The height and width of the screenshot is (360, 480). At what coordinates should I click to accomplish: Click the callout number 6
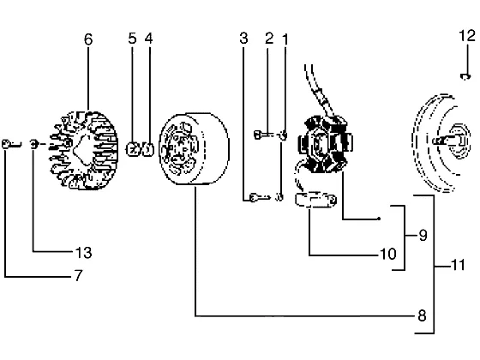click(x=88, y=39)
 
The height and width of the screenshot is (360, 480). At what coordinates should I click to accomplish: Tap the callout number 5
click(x=132, y=39)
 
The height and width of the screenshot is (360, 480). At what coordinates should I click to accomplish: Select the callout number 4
click(x=149, y=39)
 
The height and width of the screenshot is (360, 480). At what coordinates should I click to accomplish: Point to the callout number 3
click(x=243, y=39)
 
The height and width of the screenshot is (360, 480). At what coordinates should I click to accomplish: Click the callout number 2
click(x=269, y=39)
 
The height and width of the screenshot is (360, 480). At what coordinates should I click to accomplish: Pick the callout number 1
click(x=285, y=39)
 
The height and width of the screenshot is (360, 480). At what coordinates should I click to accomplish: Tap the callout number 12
click(x=467, y=36)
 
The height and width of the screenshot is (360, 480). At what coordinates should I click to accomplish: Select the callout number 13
click(x=84, y=253)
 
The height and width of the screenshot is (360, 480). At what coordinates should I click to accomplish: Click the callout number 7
click(x=79, y=275)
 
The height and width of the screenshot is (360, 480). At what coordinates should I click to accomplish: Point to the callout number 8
click(x=422, y=315)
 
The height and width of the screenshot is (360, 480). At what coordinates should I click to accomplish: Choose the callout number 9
click(x=423, y=236)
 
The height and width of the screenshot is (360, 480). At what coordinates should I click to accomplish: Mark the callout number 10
click(x=388, y=254)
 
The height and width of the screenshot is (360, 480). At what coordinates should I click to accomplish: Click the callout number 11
click(x=459, y=265)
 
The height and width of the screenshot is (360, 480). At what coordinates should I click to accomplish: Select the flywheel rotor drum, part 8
click(x=194, y=149)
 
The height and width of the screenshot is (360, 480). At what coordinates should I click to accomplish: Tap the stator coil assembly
click(x=326, y=144)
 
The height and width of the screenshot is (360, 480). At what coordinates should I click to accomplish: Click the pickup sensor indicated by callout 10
click(x=315, y=201)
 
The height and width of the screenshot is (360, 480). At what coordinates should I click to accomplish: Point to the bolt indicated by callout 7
click(x=11, y=144)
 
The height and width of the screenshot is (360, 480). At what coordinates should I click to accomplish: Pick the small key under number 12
click(x=465, y=77)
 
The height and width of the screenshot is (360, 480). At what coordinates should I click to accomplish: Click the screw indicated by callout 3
click(x=260, y=197)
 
